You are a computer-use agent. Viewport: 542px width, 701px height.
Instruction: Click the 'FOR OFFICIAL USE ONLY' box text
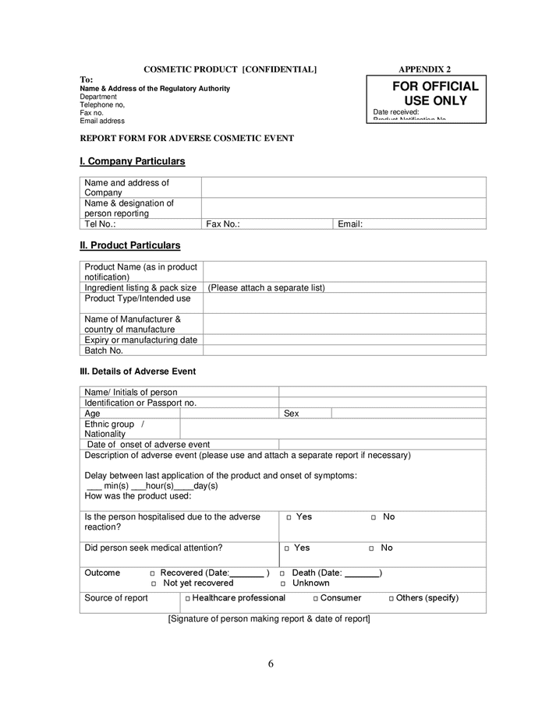434,93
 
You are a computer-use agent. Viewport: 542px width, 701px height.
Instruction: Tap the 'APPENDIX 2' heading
424,69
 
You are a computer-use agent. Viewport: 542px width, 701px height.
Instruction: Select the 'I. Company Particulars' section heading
132,161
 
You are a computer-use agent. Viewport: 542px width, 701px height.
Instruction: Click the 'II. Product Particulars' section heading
129,245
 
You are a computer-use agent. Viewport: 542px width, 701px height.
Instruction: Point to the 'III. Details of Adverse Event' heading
138,372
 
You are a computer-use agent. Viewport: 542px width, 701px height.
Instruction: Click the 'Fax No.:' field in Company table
222,224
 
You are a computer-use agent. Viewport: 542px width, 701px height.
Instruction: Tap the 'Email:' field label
350,224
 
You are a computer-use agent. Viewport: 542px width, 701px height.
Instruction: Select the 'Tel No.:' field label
100,224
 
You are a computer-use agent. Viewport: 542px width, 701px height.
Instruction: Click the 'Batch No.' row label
104,350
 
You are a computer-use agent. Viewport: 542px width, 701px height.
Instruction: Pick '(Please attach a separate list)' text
266,287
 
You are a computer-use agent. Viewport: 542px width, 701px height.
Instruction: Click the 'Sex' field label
291,414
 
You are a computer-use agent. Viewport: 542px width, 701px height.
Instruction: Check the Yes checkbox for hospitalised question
289,517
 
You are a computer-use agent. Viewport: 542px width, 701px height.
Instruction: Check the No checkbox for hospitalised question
374,517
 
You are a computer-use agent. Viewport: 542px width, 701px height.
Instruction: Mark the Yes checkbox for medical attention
287,548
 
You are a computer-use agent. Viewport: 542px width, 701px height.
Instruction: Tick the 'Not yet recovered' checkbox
154,583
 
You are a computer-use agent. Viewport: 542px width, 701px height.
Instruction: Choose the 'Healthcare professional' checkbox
188,598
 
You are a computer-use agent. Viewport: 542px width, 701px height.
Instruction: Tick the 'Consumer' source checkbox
316,598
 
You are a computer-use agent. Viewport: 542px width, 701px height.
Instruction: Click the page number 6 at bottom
271,664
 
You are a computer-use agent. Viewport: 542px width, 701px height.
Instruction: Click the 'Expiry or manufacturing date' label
140,340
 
